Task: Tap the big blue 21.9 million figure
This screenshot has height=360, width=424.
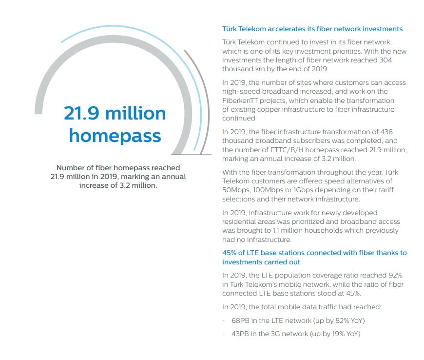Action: coord(115,113)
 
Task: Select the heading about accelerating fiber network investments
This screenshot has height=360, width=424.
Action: coord(312,29)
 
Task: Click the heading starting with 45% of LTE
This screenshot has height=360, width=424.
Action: coord(314,253)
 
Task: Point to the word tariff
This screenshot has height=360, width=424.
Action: coord(394,190)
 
